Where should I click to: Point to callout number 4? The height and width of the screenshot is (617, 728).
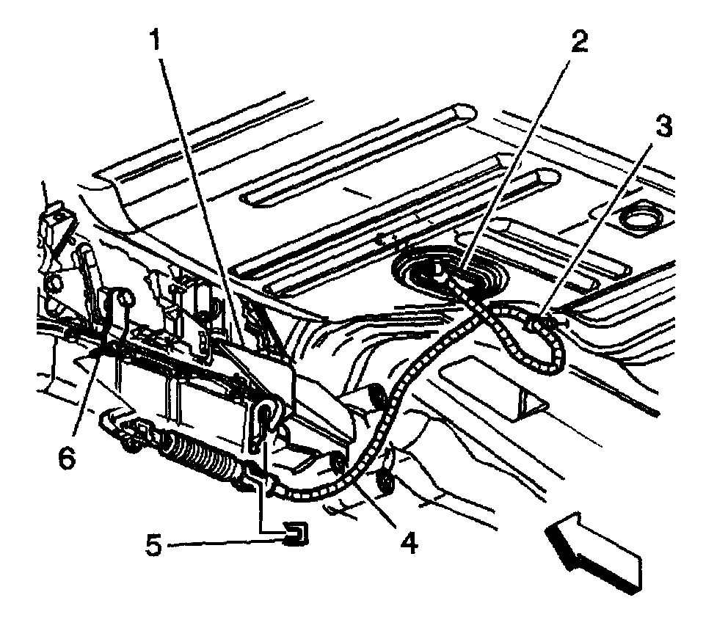click(407, 544)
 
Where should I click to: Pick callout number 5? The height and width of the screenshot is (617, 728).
click(153, 545)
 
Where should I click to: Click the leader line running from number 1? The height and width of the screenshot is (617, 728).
click(198, 183)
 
